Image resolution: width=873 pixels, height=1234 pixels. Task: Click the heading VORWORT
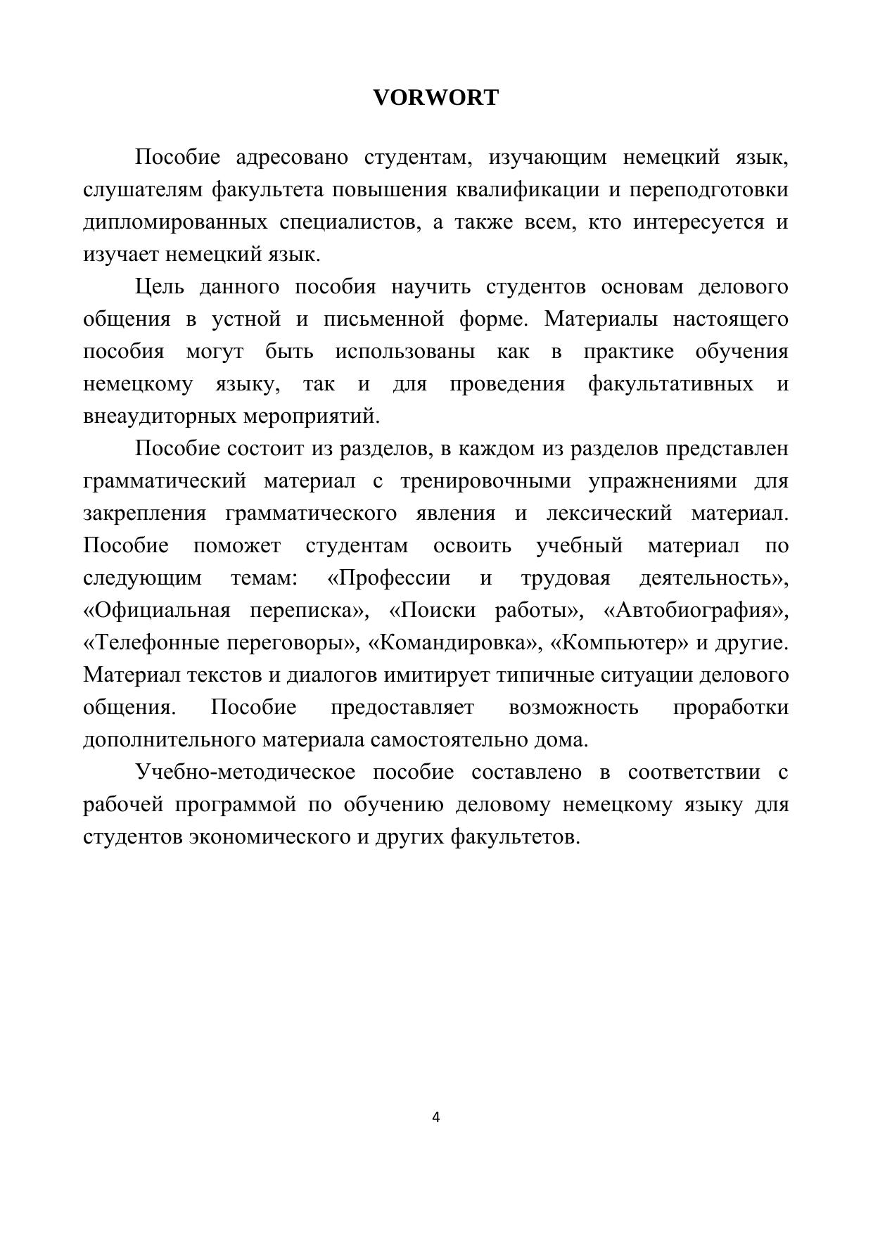coord(435,98)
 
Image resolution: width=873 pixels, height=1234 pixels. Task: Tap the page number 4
coord(436,1117)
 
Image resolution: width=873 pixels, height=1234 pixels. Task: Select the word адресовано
coord(292,158)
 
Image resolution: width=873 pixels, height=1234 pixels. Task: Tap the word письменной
coord(383,319)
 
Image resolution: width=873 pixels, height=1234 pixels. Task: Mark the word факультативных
coord(670,384)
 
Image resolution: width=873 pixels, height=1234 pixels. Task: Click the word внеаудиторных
coord(160,416)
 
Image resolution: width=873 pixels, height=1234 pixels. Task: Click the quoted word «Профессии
coord(389,578)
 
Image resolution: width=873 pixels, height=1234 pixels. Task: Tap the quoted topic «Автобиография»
coord(696,611)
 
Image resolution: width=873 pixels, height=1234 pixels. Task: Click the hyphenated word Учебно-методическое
coord(245,772)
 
